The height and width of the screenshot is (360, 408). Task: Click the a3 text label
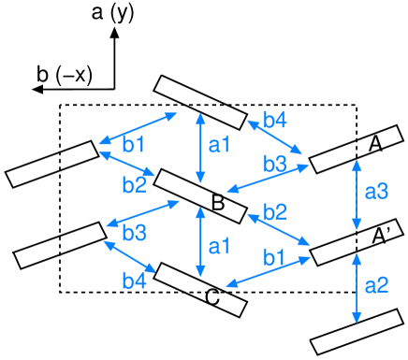(x=376, y=192)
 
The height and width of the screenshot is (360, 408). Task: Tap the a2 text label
(x=376, y=285)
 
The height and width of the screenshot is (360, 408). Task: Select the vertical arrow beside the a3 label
(x=357, y=194)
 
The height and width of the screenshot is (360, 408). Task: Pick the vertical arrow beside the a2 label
(x=357, y=287)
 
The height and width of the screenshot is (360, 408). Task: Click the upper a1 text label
(x=219, y=145)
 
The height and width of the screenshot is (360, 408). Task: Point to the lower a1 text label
(x=219, y=247)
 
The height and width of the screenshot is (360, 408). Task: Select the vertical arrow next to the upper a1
(x=200, y=148)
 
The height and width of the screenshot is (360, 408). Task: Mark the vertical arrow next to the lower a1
(x=200, y=242)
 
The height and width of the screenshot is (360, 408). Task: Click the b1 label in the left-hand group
(x=134, y=145)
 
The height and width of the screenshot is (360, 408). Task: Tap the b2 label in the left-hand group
(x=134, y=185)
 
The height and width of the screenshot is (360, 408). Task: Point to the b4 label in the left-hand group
(x=134, y=280)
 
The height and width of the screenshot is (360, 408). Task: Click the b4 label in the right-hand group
(x=275, y=120)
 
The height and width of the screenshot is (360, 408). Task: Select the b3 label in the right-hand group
(x=275, y=165)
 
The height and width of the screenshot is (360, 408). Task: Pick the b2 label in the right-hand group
(x=275, y=211)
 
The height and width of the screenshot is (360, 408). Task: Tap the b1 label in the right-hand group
(x=274, y=256)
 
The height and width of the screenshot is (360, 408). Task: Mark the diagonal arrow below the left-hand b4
(x=129, y=257)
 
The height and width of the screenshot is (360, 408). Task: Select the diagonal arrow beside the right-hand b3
(x=268, y=179)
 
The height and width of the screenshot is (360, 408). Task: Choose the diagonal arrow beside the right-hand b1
(x=268, y=271)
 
